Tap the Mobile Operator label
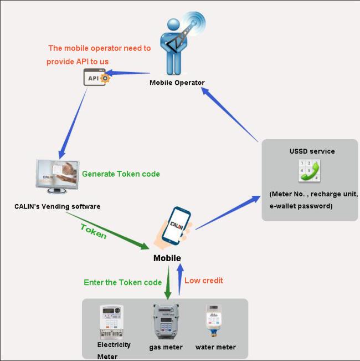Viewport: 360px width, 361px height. pyautogui.click(x=177, y=83)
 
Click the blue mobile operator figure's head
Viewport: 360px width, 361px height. pyautogui.click(x=173, y=24)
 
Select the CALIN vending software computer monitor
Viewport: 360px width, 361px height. pyautogui.click(x=58, y=176)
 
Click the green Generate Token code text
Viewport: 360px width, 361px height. pyautogui.click(x=121, y=174)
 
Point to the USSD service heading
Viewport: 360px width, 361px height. pyautogui.click(x=312, y=151)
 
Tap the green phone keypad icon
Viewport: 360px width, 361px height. pyautogui.click(x=309, y=171)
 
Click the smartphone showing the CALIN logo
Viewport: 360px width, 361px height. pyautogui.click(x=176, y=226)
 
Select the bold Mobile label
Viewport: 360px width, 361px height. pyautogui.click(x=167, y=258)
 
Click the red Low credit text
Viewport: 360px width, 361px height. pyautogui.click(x=204, y=281)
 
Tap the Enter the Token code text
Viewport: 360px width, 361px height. pyautogui.click(x=123, y=282)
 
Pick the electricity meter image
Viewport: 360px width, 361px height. pyautogui.click(x=112, y=322)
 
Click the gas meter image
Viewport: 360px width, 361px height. pyautogui.click(x=166, y=321)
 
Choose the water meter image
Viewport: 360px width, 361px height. pyautogui.click(x=214, y=321)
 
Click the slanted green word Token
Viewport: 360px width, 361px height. pyautogui.click(x=94, y=231)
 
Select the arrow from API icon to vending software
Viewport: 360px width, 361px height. pyautogui.click(x=73, y=124)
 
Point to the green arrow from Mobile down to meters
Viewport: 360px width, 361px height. pyautogui.click(x=168, y=282)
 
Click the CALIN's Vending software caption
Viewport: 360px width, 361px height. pyautogui.click(x=58, y=206)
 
